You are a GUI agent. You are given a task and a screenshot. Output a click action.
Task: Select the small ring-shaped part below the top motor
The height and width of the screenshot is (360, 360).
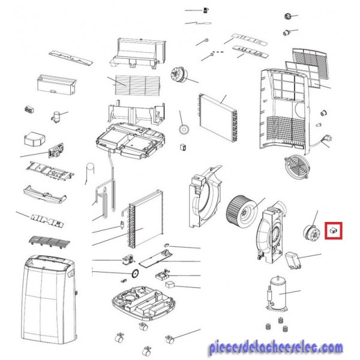point(184,129)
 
